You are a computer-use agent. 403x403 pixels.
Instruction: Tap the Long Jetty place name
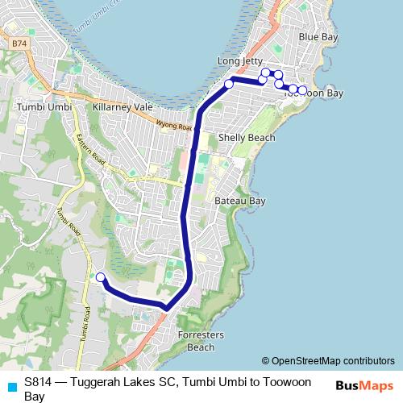click(x=241, y=61)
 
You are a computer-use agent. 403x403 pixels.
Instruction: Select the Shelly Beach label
click(x=247, y=138)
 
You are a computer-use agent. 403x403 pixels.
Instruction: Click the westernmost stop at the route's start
click(x=101, y=277)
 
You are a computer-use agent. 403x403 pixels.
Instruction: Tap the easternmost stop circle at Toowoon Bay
click(x=302, y=90)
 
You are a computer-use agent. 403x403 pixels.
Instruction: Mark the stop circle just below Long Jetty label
click(x=229, y=84)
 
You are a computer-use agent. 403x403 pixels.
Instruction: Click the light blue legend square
click(x=11, y=386)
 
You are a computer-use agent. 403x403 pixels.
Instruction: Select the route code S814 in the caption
click(x=39, y=381)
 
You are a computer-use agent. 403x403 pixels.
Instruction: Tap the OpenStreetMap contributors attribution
click(x=332, y=361)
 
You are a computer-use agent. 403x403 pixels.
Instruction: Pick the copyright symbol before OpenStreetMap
click(x=266, y=361)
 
